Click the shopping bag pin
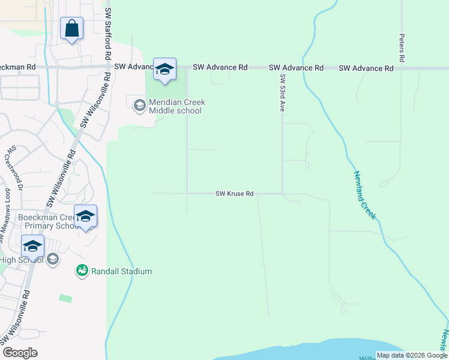pos(71,29)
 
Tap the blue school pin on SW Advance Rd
pos(164,70)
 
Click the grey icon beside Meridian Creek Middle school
pos(139,106)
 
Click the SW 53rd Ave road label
pos(282,93)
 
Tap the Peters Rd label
pos(402,49)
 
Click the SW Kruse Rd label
pos(235,194)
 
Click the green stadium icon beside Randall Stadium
pos(82,271)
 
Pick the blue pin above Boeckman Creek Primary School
pos(85,216)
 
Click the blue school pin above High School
pos(32,246)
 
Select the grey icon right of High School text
pos(52,259)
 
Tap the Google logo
pos(20,353)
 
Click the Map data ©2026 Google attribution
pos(411,355)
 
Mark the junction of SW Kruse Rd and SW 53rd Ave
pos(283,193)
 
